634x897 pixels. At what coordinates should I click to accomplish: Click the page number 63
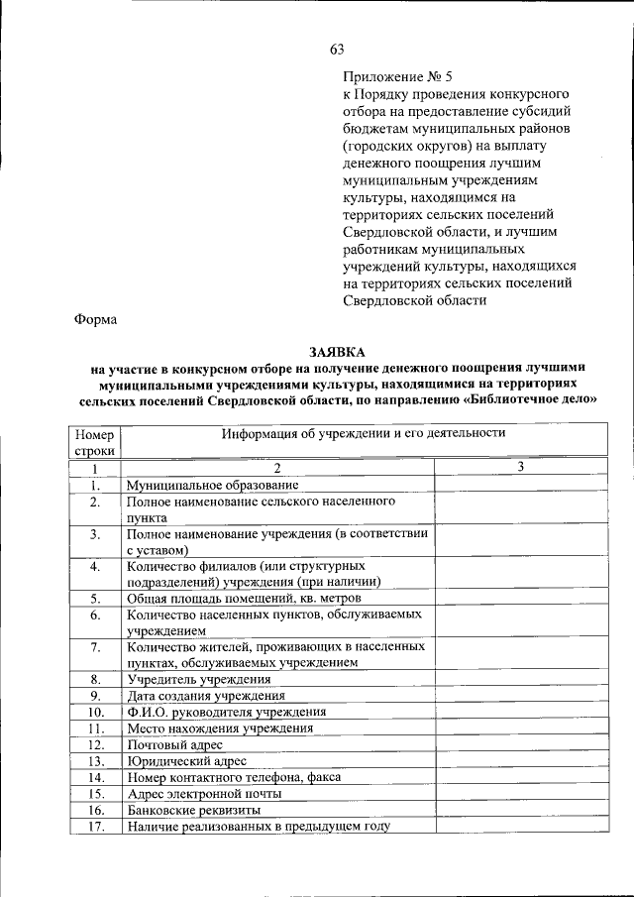coord(337,50)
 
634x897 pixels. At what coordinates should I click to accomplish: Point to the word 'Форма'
coord(96,319)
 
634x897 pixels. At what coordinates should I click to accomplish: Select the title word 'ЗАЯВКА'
coord(337,352)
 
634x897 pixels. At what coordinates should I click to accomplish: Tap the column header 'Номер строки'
coord(94,442)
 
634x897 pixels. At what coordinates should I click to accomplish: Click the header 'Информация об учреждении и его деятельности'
coord(364,433)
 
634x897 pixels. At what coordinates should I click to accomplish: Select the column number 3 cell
coord(520,468)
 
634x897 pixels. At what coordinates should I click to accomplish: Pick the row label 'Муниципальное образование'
coord(212,485)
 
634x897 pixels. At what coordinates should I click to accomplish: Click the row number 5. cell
coord(94,599)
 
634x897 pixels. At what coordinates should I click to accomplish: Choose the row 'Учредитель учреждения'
coord(198,679)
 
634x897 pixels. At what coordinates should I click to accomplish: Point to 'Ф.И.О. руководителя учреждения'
coord(226,712)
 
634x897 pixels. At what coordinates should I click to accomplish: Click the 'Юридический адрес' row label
coord(186,760)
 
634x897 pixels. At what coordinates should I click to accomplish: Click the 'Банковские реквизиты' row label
coord(192,809)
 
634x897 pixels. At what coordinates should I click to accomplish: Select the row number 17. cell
coord(94,826)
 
